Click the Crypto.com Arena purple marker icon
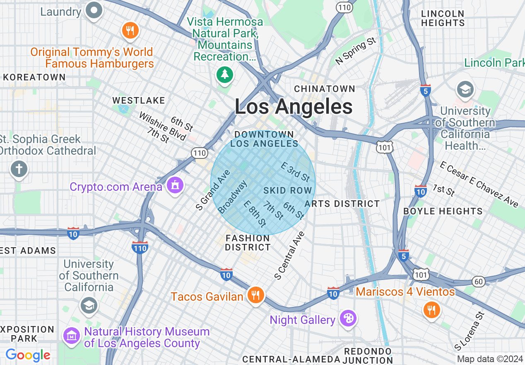[x=175, y=185]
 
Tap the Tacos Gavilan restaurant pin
[x=255, y=295]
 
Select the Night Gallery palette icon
[x=348, y=319]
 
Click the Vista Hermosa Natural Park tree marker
[x=225, y=75]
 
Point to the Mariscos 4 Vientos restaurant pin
[x=431, y=309]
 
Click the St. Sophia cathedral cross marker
[x=19, y=169]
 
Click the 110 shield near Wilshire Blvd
[x=200, y=153]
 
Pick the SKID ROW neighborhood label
[x=288, y=190]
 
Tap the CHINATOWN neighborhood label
[x=325, y=89]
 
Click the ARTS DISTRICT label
[x=342, y=204]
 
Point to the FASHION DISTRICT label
[x=248, y=243]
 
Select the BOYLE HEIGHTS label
[x=443, y=211]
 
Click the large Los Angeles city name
[x=294, y=107]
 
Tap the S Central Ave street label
[x=289, y=255]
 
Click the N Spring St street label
[x=356, y=51]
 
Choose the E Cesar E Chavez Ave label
[x=479, y=185]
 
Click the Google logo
[x=28, y=355]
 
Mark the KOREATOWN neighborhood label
[x=34, y=77]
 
